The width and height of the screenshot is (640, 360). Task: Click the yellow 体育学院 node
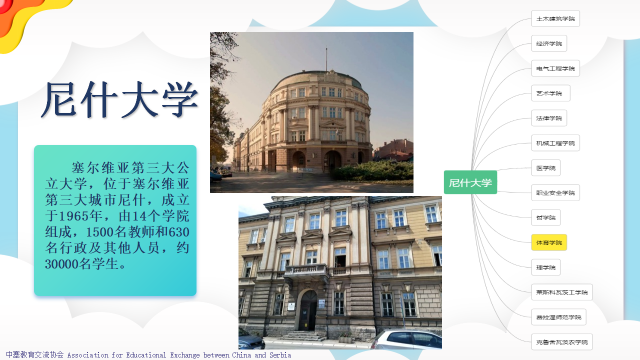point(549,242)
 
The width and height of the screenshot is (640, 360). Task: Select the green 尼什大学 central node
point(470,182)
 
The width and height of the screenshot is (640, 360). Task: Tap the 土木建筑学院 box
point(555,18)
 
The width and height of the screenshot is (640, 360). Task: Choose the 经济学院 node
point(549,43)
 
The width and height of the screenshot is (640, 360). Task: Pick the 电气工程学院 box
point(555,68)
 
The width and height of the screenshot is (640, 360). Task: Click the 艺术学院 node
point(550,93)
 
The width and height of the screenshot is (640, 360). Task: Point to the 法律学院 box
point(549,118)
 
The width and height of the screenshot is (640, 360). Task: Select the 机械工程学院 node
point(555,143)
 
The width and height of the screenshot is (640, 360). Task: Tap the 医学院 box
point(545,167)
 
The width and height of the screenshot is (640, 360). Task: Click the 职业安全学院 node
point(555,193)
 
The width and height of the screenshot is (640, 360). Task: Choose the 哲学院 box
point(545,217)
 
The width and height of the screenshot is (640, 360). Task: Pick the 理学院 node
point(545,267)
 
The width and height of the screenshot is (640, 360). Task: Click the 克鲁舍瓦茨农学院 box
point(561,342)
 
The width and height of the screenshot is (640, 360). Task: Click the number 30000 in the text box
point(61,263)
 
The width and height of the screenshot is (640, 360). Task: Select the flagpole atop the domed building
point(326,59)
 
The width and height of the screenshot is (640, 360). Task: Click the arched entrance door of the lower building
point(308,310)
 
